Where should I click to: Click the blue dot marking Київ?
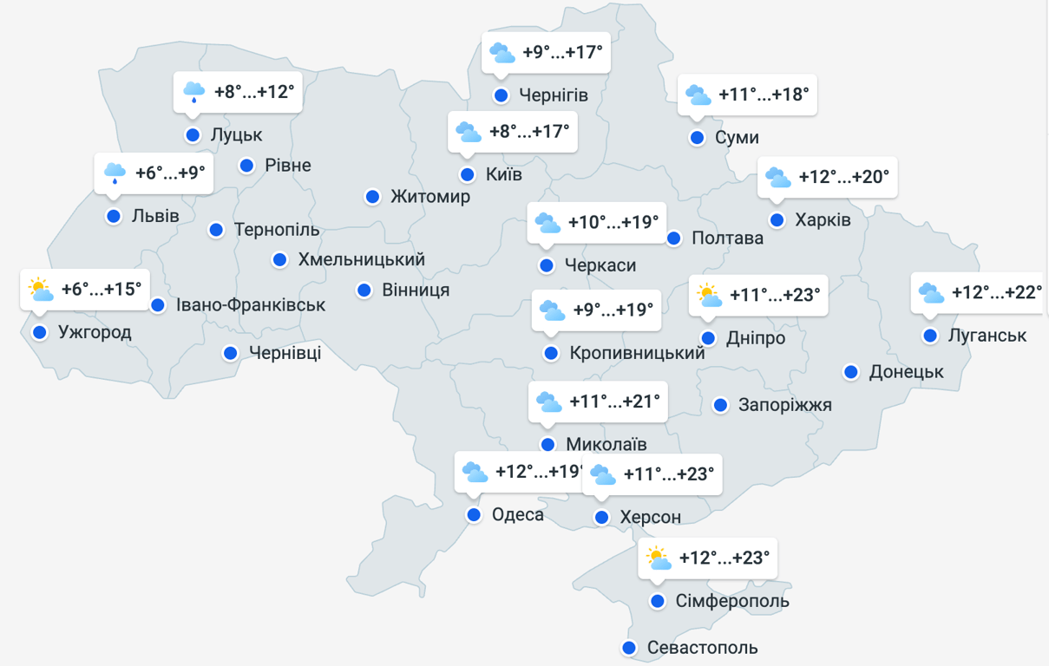point(468,174)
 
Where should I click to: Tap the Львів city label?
point(155,216)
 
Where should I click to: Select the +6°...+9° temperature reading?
point(170,173)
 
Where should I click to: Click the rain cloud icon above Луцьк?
point(193,91)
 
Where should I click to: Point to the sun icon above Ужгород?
point(40,289)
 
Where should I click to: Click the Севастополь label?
point(702,648)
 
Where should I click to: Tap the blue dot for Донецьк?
point(852,372)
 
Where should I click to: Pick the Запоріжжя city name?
point(784,405)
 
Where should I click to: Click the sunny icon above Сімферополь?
point(659,558)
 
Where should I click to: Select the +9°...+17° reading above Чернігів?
point(562,52)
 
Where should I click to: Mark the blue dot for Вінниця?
point(365,290)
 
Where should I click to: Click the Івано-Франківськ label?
point(250,305)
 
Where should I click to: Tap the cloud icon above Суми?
point(698,95)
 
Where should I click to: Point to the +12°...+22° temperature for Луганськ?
point(997,292)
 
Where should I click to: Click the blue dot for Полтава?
point(674,238)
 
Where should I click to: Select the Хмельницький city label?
point(361,259)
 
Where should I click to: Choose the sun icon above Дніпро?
point(710,295)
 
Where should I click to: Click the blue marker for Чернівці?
point(231,353)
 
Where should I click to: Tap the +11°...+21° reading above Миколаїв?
point(614,402)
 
